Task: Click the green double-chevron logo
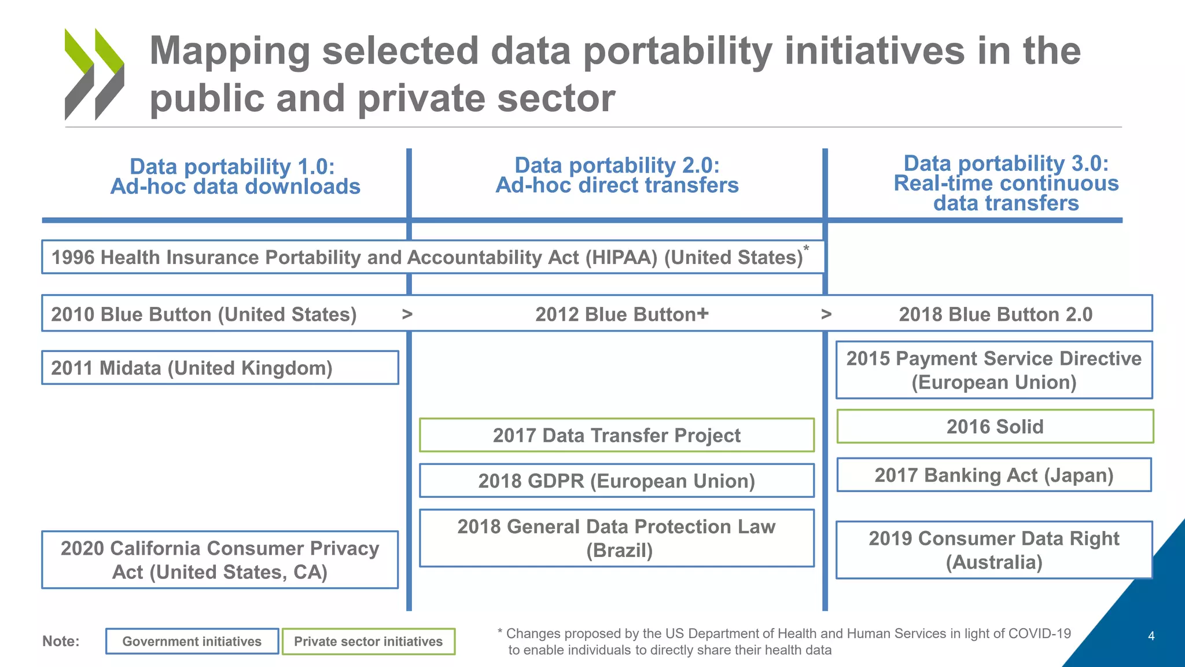pyautogui.click(x=94, y=74)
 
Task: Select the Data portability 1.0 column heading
pyautogui.click(x=235, y=177)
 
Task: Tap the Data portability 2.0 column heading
pyautogui.click(x=617, y=175)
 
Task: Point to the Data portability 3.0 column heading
pyautogui.click(x=1006, y=183)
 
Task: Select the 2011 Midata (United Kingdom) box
pyautogui.click(x=220, y=368)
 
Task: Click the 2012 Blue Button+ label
pyautogui.click(x=621, y=314)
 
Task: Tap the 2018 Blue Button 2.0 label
pyautogui.click(x=995, y=314)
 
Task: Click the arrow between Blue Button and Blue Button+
pyautogui.click(x=407, y=314)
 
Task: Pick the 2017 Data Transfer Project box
pyautogui.click(x=616, y=435)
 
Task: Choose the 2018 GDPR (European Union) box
pyautogui.click(x=616, y=481)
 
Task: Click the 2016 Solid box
pyautogui.click(x=995, y=427)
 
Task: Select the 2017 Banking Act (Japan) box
pyautogui.click(x=993, y=475)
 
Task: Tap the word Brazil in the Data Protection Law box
pyautogui.click(x=619, y=551)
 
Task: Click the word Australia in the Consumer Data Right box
pyautogui.click(x=993, y=562)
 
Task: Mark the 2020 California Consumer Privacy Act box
pyautogui.click(x=220, y=560)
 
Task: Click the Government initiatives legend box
pyautogui.click(x=192, y=642)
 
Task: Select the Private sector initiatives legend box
pyautogui.click(x=368, y=642)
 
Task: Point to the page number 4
pyautogui.click(x=1151, y=636)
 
